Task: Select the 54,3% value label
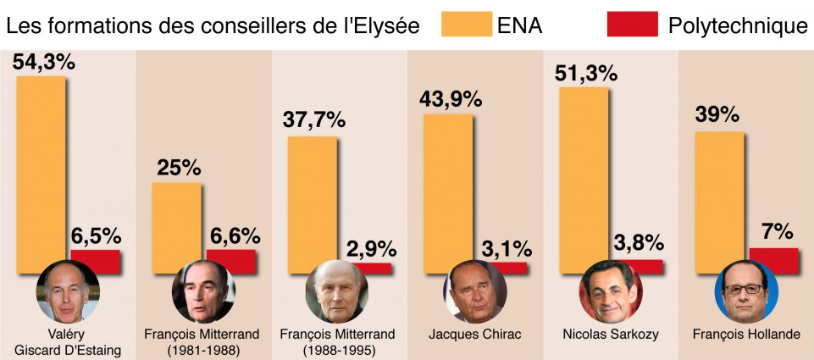[x=44, y=61]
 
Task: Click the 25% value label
[x=177, y=168]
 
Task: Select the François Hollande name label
[x=745, y=334]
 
